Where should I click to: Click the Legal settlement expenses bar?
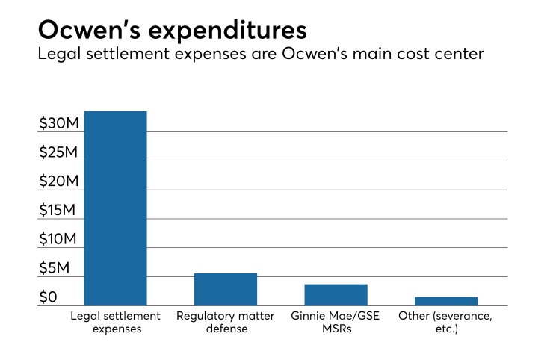coord(115,208)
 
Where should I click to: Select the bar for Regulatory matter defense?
coord(226,289)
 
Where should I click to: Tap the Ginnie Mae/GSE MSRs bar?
coord(336,294)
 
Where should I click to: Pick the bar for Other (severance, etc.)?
coord(446,301)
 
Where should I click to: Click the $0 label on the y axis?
coord(49,297)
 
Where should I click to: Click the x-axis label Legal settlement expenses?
coord(115,323)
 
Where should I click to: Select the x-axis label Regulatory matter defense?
coord(226,323)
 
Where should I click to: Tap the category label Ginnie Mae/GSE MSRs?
coord(336,323)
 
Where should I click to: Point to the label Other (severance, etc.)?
coord(446,323)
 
